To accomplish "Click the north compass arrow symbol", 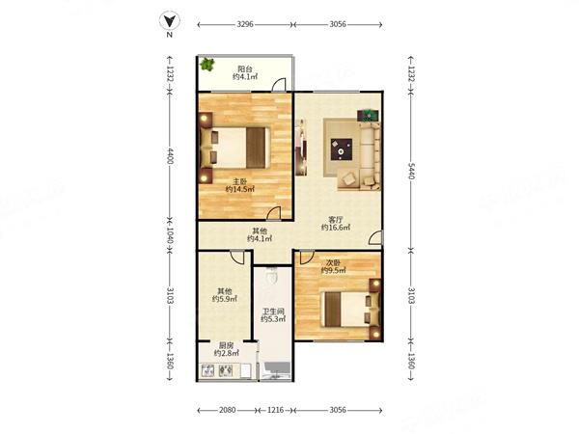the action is pos(170,21).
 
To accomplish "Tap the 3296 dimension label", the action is pos(245,24).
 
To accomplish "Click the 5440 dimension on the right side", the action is pos(411,171).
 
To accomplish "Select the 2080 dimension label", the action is pos(227,410).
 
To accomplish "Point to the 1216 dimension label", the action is pos(275,410).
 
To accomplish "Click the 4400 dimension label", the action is pos(170,156).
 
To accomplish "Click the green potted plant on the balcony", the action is pos(207,65).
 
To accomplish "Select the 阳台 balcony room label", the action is pos(245,68).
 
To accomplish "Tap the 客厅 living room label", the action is pos(336,220).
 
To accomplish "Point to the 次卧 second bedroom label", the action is pos(333,262).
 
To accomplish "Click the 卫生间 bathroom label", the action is pos(273,312).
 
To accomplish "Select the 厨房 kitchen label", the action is pos(226,345).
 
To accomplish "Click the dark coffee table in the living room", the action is pos(342,149).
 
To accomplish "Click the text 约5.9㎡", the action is pos(225,299).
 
